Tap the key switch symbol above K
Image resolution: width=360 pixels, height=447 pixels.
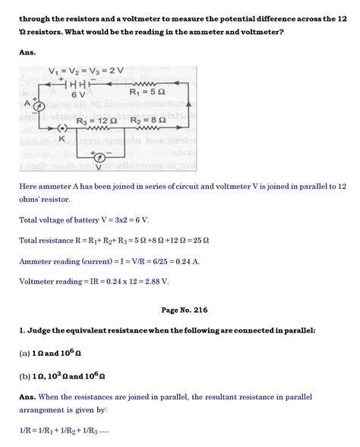(62, 128)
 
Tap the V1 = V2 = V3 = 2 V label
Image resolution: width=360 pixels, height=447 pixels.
(87, 71)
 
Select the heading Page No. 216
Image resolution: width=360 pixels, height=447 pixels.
(179, 310)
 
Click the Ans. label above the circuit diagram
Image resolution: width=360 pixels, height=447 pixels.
(27, 53)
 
